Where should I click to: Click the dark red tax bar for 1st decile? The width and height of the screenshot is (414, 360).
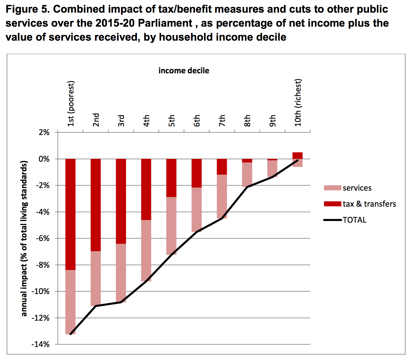click(x=70, y=214)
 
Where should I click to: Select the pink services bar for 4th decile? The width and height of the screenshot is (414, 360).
click(x=146, y=250)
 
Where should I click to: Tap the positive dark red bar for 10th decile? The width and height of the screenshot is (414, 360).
click(x=297, y=155)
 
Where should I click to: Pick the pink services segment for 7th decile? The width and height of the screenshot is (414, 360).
click(x=222, y=196)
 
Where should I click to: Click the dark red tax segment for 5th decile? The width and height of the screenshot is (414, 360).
click(x=171, y=178)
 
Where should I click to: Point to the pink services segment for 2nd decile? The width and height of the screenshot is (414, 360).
click(x=96, y=278)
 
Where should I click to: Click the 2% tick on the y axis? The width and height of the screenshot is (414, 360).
click(x=44, y=132)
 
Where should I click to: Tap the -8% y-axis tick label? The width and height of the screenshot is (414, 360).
click(x=42, y=265)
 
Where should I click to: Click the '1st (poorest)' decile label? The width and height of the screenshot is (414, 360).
click(x=71, y=104)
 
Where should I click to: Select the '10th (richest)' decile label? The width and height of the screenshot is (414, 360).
click(x=298, y=103)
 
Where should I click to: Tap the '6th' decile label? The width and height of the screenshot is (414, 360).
click(x=197, y=120)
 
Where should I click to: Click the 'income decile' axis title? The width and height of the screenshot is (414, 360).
click(x=184, y=71)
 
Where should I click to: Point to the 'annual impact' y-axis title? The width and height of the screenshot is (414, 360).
click(x=24, y=238)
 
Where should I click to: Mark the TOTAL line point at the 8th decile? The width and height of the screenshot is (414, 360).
click(x=247, y=187)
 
